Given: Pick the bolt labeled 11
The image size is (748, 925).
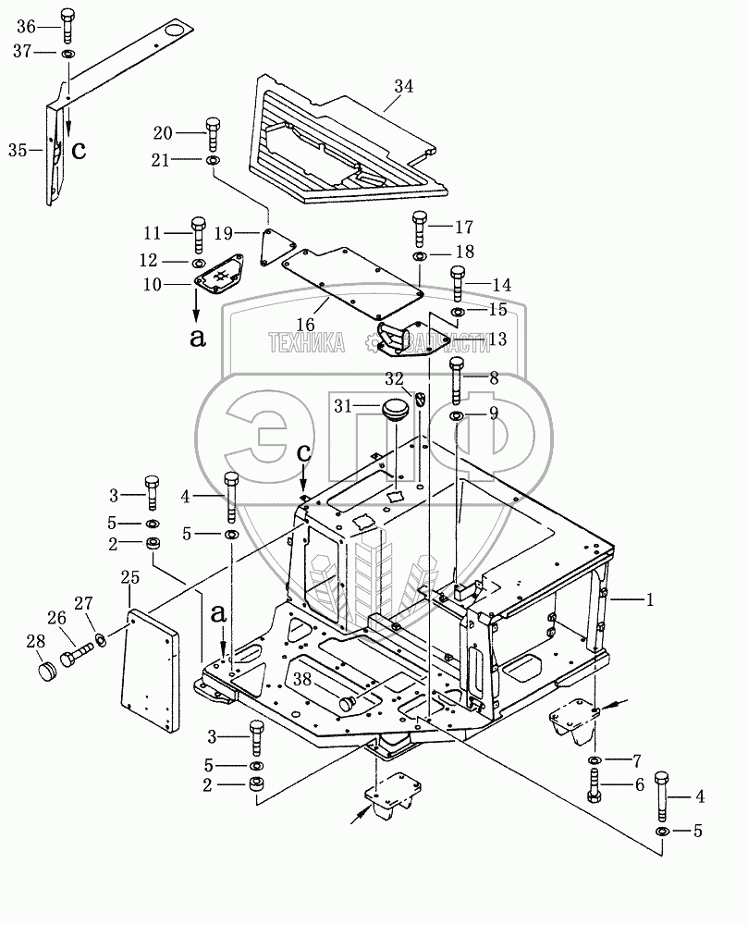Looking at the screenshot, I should (x=198, y=232).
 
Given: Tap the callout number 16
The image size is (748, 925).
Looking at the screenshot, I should (x=305, y=325).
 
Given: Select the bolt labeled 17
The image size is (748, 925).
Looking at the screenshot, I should (x=419, y=227).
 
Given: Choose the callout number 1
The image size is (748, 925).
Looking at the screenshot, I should (x=650, y=599).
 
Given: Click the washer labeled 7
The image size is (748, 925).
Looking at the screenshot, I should (x=593, y=760).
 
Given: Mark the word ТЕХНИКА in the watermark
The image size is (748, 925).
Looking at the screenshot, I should (x=306, y=343).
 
